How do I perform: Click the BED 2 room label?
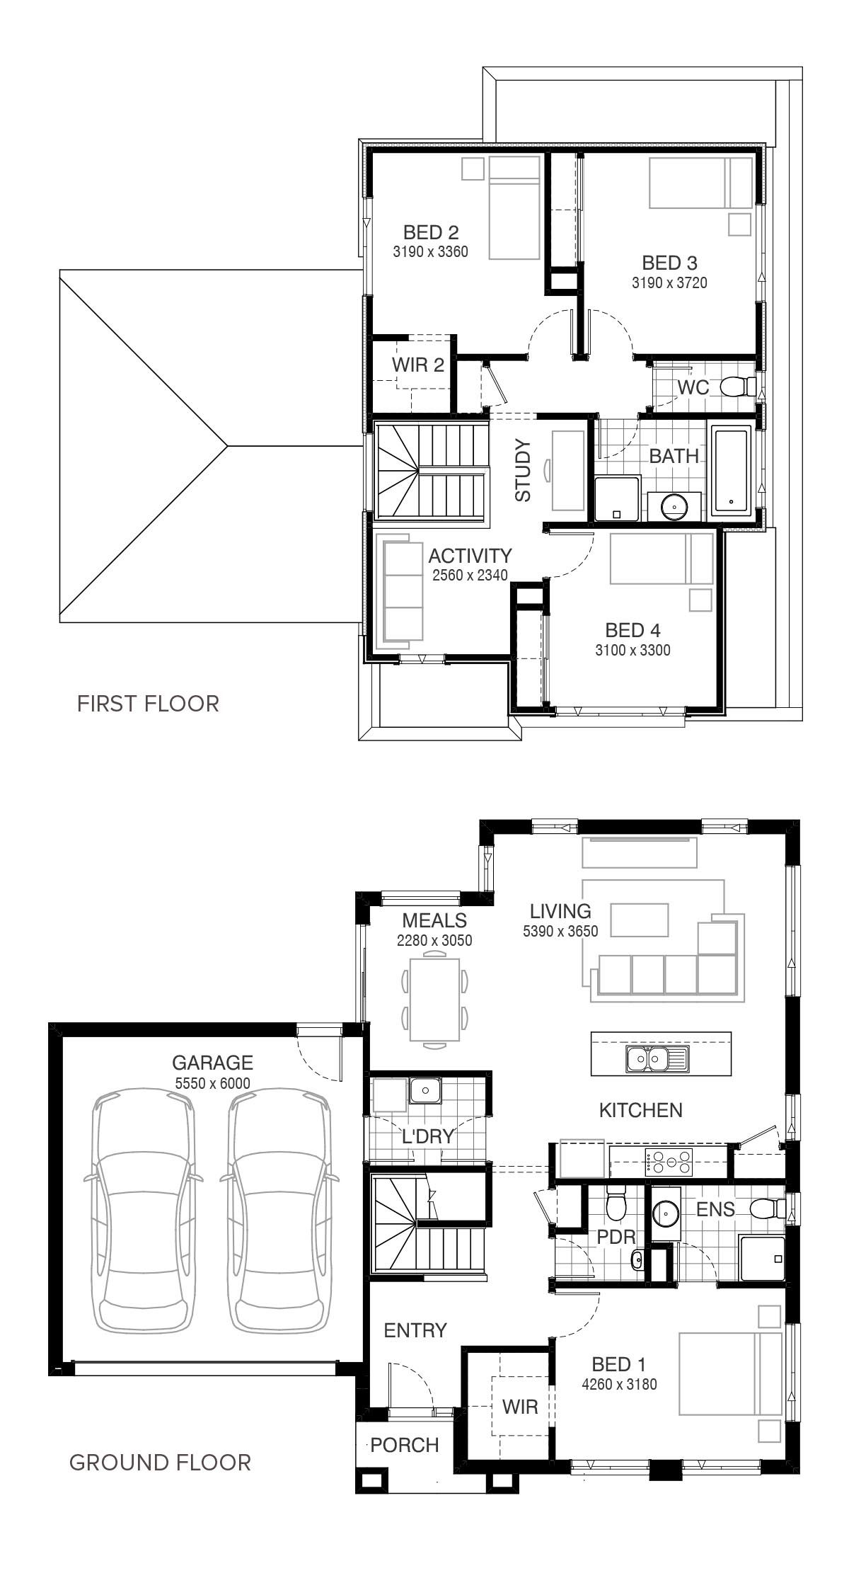431,232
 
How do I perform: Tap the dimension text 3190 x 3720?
669,283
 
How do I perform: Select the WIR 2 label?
418,365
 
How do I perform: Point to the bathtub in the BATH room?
735,470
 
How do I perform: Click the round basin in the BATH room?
674,505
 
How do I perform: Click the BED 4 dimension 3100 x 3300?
633,650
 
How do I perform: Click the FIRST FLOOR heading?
148,704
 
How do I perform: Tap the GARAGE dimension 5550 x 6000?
212,1083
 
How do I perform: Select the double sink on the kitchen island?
657,1060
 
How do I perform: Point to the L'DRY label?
427,1137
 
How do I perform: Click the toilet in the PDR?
616,1201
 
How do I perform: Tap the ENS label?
715,1209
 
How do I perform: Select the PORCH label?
405,1445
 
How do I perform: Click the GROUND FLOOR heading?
160,1462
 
